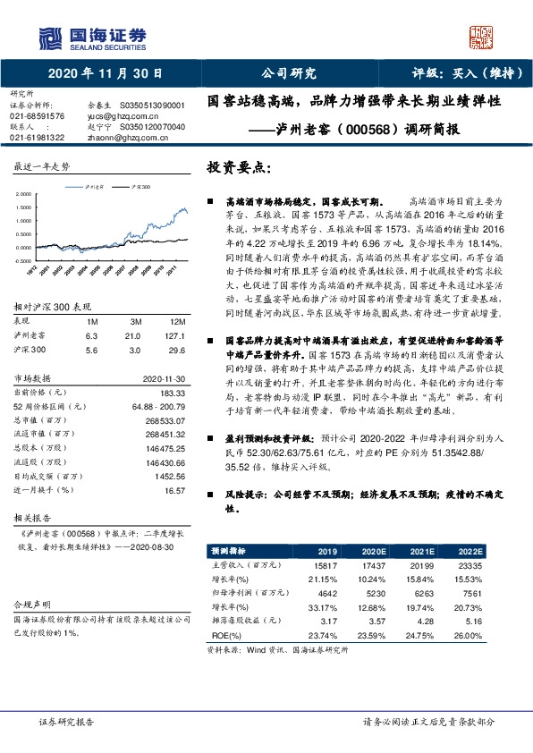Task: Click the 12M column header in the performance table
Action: pyautogui.click(x=176, y=320)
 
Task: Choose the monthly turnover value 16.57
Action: pyautogui.click(x=173, y=491)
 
